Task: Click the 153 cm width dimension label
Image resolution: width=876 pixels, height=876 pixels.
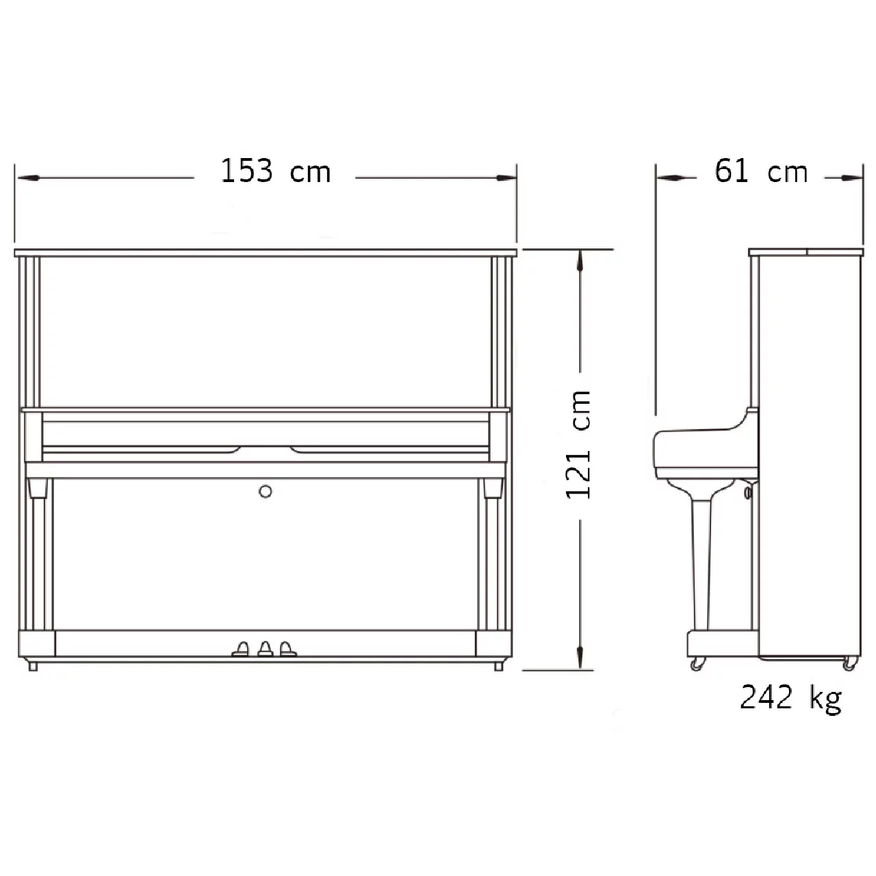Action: tap(276, 171)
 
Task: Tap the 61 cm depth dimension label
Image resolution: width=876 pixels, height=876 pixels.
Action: tap(761, 171)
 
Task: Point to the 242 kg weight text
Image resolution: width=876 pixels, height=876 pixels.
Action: tap(790, 698)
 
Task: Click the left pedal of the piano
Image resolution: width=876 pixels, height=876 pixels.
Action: tap(241, 649)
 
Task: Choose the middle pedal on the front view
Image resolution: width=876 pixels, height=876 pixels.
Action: tap(265, 649)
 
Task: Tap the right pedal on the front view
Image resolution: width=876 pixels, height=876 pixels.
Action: tap(287, 649)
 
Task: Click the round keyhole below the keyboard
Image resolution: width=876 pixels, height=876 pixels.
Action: tap(266, 491)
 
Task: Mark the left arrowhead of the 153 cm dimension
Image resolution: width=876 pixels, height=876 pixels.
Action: tap(27, 178)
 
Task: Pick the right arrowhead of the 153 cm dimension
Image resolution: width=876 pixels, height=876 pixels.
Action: tap(505, 178)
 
